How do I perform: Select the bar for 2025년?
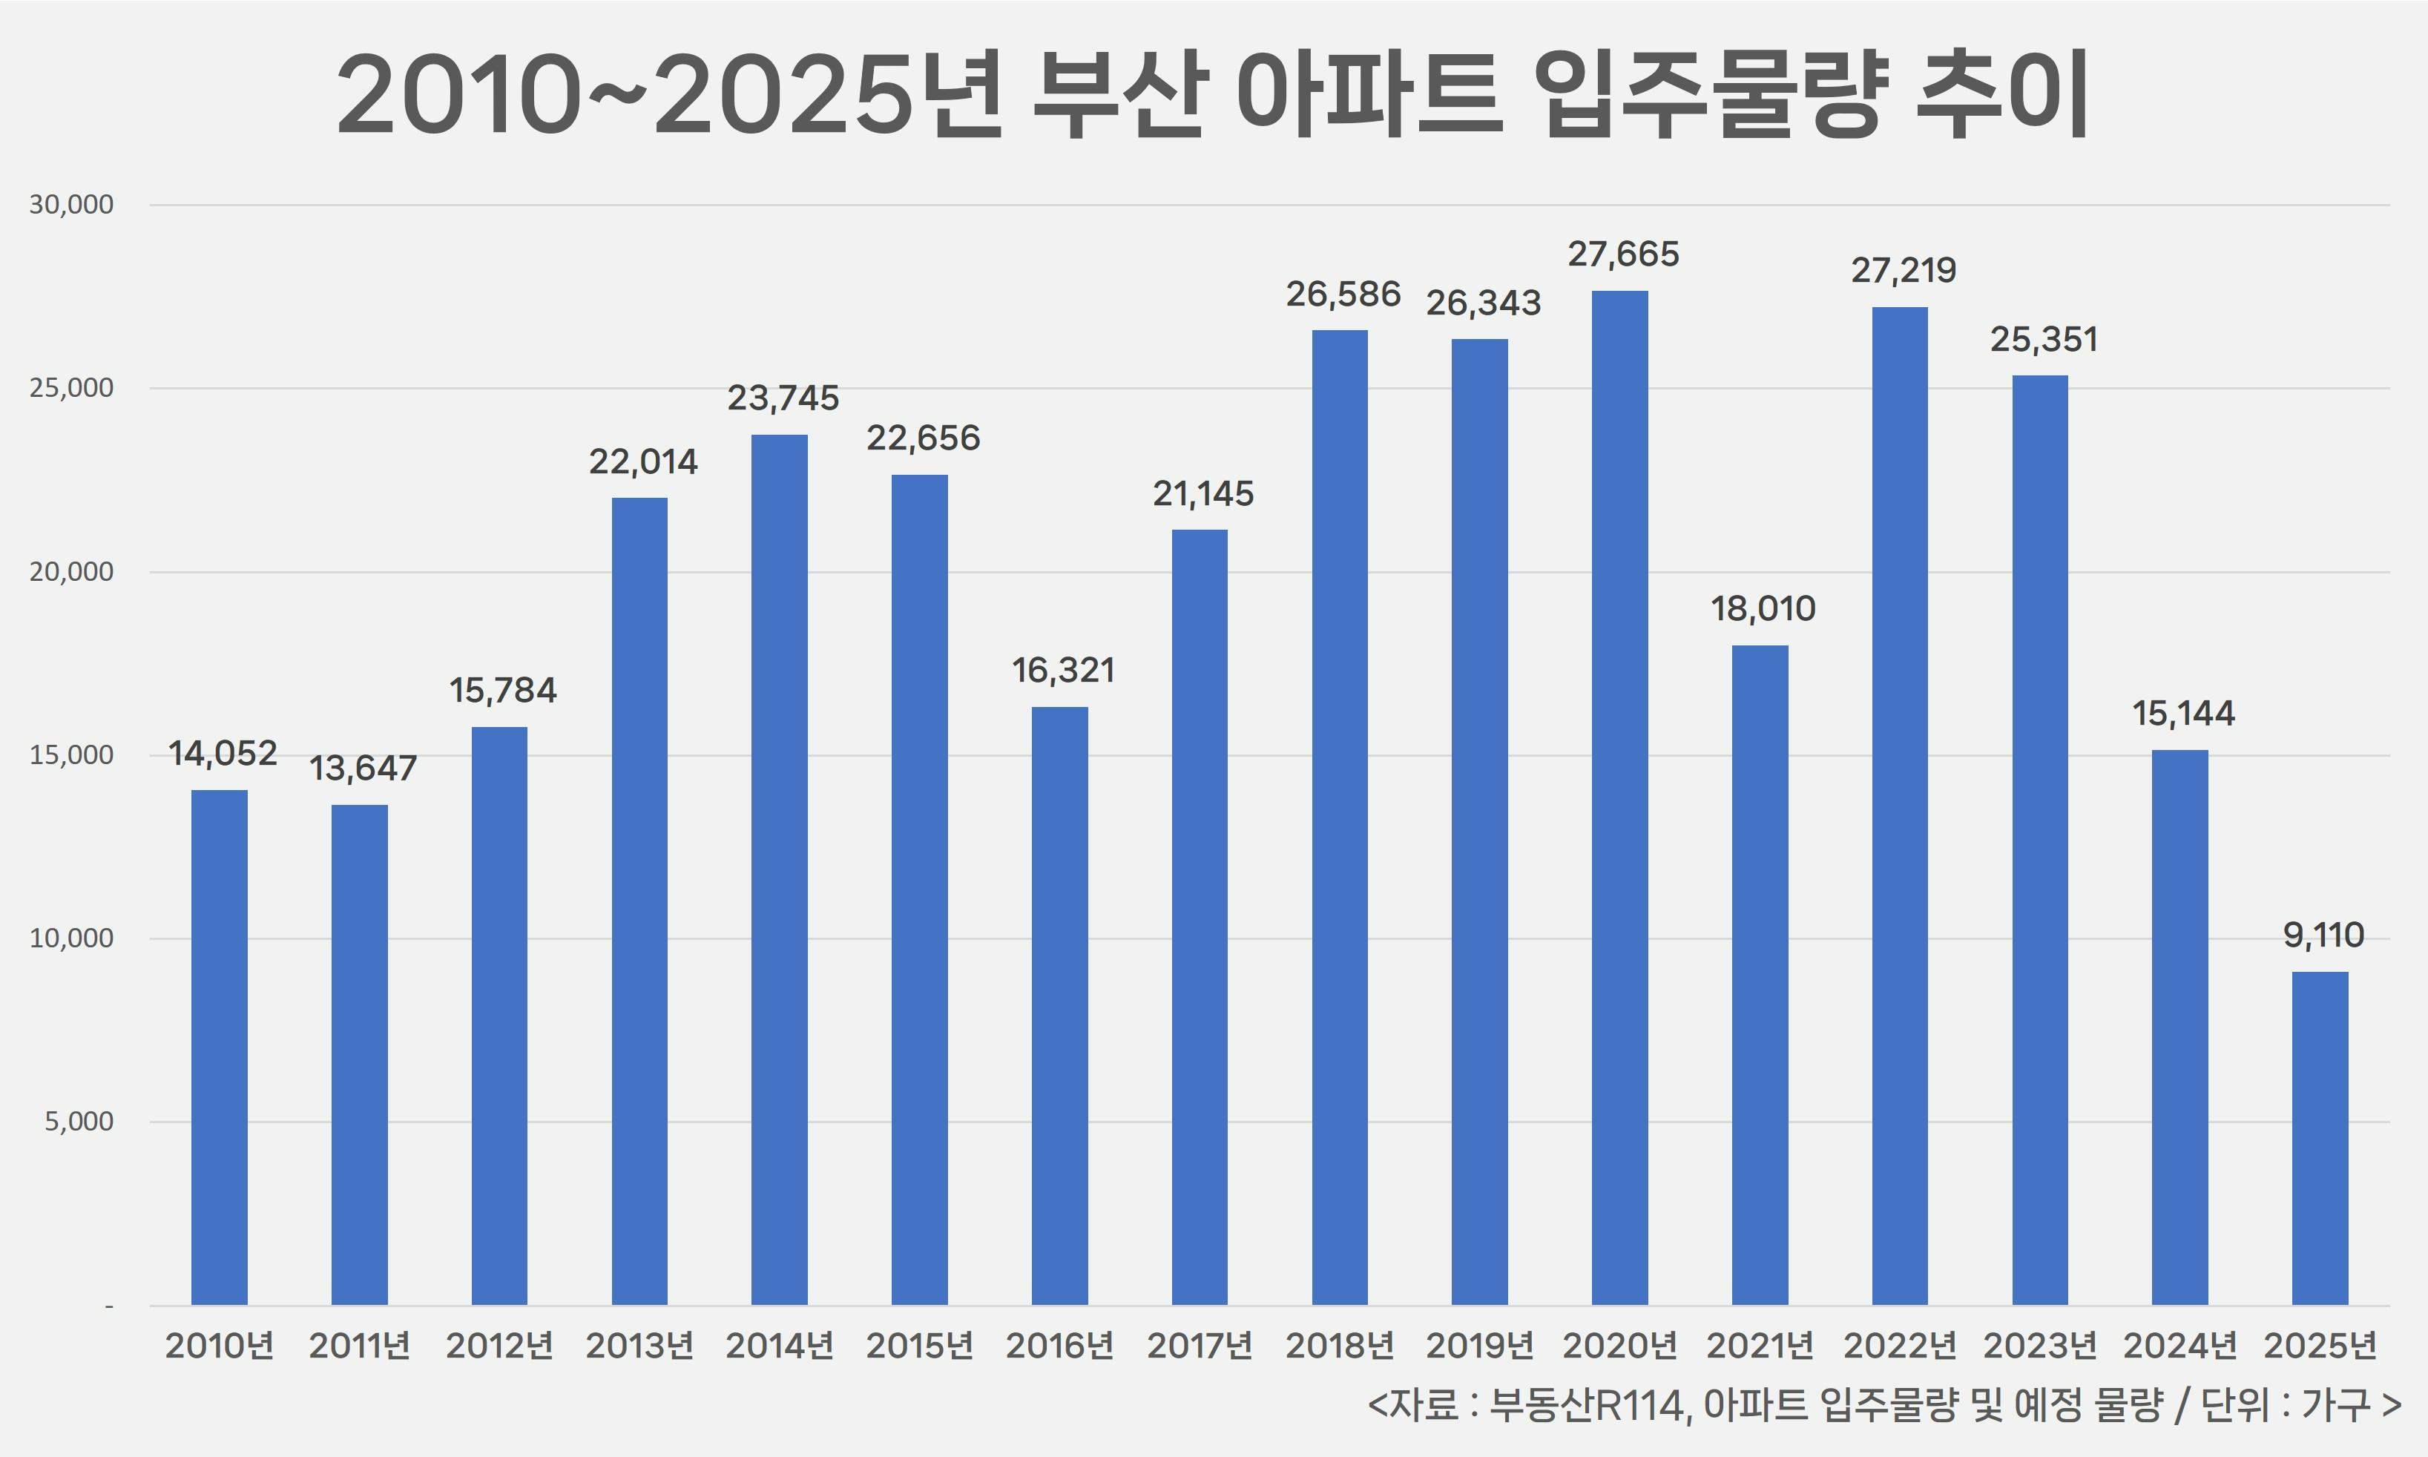coord(2320,1138)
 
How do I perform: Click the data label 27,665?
coord(1623,254)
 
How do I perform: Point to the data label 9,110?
coord(2323,935)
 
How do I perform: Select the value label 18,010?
coord(1763,610)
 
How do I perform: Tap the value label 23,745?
coord(783,398)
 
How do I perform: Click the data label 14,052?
coord(223,754)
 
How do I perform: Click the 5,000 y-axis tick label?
coord(79,1121)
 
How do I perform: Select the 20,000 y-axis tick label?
coord(70,571)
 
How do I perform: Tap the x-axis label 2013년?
coord(640,1345)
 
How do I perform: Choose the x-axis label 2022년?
coord(1900,1345)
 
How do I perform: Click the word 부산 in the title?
coord(1118,95)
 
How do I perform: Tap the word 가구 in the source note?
coord(2337,1406)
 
